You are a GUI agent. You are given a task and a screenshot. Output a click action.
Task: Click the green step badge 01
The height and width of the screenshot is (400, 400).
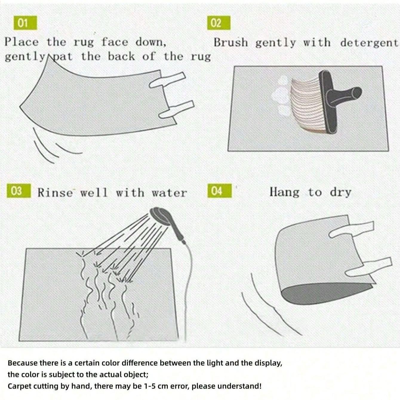point(25,23)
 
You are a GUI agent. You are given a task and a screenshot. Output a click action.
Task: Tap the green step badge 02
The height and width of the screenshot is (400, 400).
point(219,23)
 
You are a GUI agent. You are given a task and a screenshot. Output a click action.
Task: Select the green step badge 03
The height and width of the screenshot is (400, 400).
point(19,190)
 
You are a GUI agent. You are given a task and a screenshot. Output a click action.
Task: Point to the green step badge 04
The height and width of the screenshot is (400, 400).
point(219,190)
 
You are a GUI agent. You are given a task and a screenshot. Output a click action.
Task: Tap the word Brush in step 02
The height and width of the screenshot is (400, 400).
point(231,42)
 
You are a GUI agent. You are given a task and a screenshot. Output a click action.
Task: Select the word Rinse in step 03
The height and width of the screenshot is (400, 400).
point(55,193)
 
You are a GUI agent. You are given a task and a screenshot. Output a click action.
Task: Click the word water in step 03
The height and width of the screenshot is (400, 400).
point(169,193)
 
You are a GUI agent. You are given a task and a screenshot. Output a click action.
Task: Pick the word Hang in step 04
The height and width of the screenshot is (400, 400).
point(284,192)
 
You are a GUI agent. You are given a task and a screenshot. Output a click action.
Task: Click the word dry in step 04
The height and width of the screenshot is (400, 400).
point(340,193)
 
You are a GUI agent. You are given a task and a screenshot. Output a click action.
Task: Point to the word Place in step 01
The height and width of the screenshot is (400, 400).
point(21,42)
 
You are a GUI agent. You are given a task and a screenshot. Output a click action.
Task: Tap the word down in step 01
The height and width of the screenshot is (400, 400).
point(151,43)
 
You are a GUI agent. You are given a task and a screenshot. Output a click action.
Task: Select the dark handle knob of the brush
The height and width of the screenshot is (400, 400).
point(356,92)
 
